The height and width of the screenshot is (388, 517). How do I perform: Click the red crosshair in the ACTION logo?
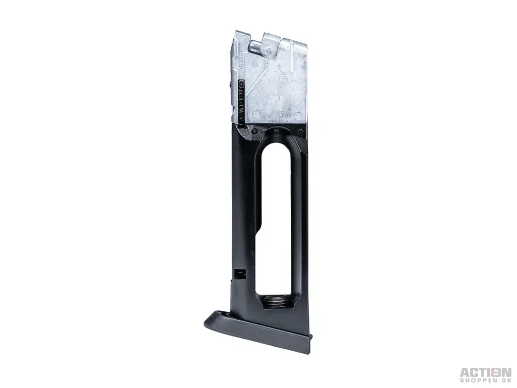click(496, 373)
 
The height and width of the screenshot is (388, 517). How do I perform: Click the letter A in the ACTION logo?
click(465, 373)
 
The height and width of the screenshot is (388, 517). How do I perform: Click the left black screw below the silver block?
click(254, 132)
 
